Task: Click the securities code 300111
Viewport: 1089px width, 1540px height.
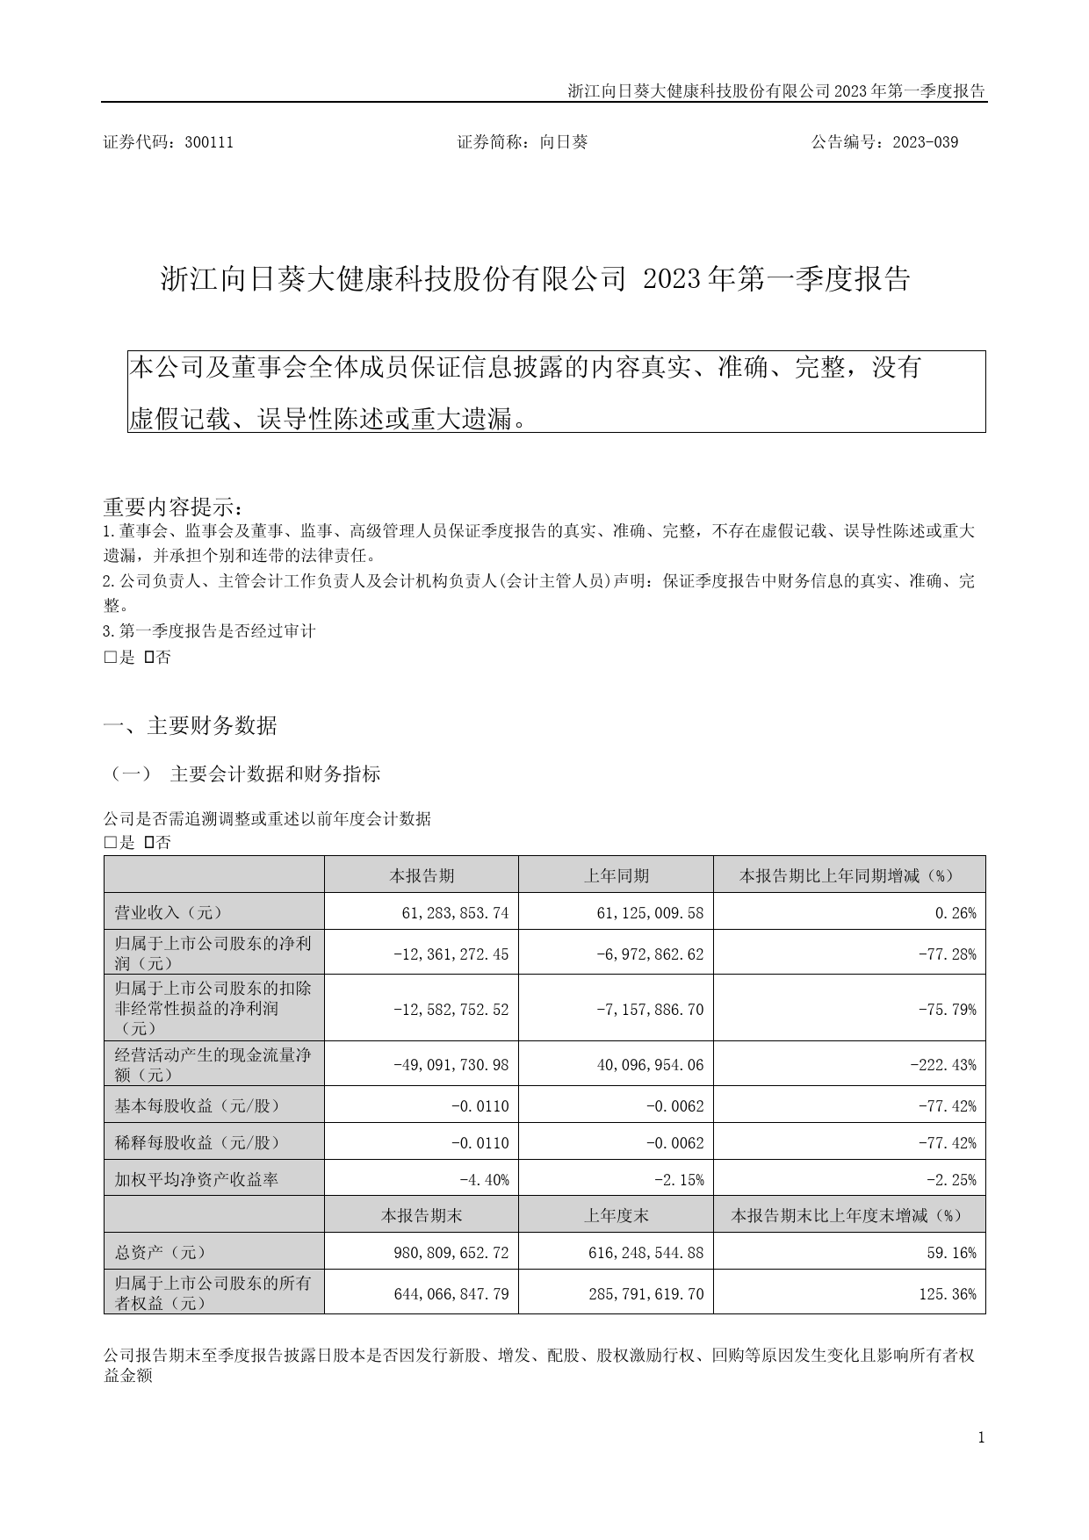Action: [209, 142]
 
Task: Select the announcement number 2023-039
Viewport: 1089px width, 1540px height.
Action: [925, 142]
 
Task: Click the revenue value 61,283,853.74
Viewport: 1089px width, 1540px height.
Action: [452, 913]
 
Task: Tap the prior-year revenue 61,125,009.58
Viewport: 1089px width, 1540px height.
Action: [647, 913]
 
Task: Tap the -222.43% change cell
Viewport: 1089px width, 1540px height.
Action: [946, 1065]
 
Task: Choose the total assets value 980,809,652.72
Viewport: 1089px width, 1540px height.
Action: [447, 1253]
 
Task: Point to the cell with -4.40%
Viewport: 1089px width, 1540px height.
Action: [484, 1180]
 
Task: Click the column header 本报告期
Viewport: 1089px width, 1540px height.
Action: [422, 875]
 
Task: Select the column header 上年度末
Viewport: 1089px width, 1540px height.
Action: [617, 1215]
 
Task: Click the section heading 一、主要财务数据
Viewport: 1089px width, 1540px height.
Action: [191, 726]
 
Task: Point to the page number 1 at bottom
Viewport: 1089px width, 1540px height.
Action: [981, 1437]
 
